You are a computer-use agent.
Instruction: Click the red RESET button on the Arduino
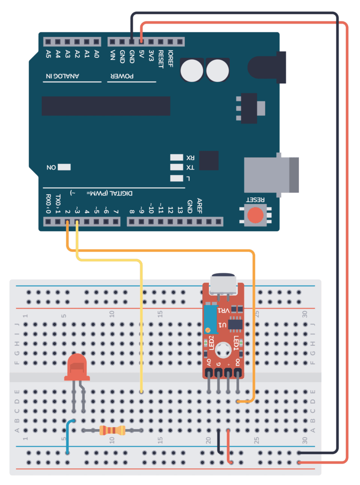click(256, 215)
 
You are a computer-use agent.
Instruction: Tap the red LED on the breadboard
click(77, 368)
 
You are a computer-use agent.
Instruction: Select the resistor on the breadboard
click(113, 430)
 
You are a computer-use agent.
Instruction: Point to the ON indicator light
click(64, 167)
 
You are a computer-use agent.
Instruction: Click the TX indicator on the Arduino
click(177, 168)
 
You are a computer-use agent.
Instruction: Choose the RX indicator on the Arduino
click(177, 157)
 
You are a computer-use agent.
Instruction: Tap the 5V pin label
click(141, 56)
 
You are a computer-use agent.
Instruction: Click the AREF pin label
click(199, 205)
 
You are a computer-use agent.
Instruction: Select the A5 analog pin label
click(48, 54)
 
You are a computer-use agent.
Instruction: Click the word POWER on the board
click(122, 76)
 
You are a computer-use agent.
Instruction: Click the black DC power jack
click(268, 65)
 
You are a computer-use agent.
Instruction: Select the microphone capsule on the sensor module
click(223, 284)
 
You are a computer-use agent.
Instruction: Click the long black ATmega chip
click(106, 106)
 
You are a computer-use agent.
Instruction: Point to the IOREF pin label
click(171, 59)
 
